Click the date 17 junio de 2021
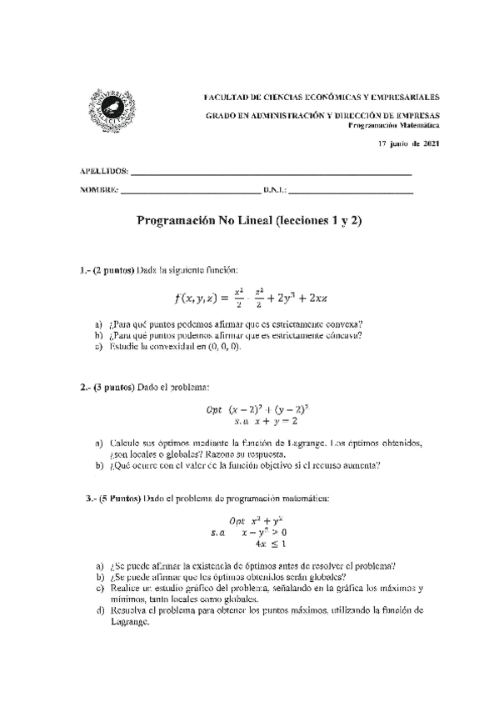tap(409, 144)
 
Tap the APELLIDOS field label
tap(103, 172)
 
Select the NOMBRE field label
tap(99, 191)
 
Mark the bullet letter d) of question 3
tap(99, 611)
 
